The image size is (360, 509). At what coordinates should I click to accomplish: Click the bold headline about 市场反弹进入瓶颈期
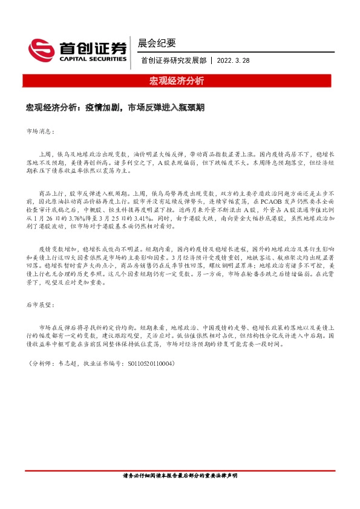tap(115, 107)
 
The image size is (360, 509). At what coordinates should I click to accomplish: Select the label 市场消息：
tap(41, 131)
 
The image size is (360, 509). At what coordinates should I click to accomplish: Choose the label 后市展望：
tap(41, 306)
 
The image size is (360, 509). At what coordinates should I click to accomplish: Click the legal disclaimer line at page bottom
tap(180, 476)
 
